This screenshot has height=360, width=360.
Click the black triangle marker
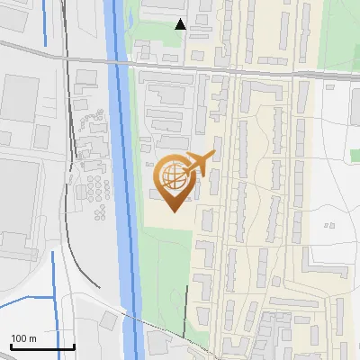180,24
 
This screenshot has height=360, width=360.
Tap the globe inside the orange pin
175,175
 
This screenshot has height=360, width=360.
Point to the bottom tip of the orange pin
175,211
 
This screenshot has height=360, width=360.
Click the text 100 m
23,337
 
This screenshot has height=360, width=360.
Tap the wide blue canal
122,180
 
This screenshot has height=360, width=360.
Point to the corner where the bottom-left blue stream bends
53,294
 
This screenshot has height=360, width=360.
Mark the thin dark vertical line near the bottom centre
186,310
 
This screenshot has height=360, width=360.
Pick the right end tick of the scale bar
74,345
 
